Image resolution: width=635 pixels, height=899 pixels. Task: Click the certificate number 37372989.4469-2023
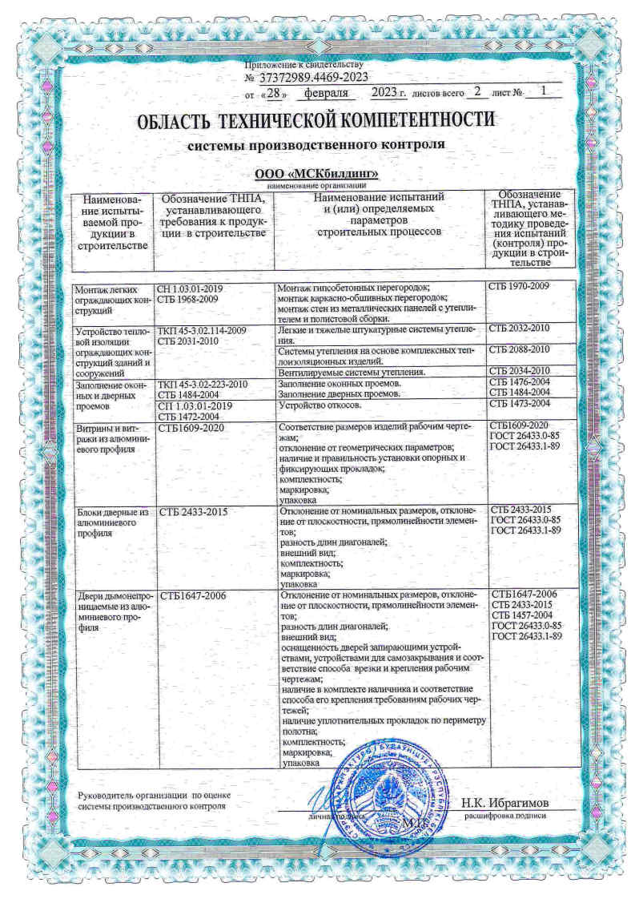tap(314, 77)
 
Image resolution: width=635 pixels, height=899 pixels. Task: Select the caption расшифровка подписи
tap(504, 814)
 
